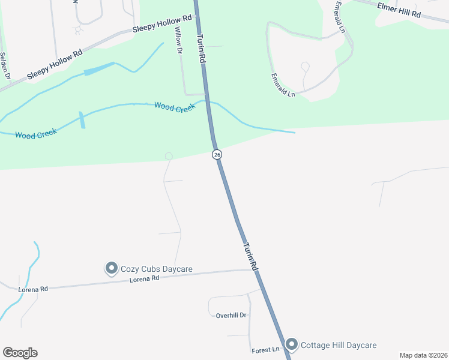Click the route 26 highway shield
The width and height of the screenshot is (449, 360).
pos(217,155)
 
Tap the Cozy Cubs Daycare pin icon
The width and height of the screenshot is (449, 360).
pos(111,268)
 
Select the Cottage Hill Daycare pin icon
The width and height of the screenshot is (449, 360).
pos(292,344)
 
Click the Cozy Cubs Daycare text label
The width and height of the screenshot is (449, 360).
pos(157,269)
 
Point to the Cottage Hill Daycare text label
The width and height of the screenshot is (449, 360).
pos(339,345)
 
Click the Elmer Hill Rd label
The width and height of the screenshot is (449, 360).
pos(399,10)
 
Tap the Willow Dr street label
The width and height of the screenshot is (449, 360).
pos(178,40)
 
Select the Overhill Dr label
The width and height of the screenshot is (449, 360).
pos(232,314)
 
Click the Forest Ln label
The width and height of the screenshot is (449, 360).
pos(266,349)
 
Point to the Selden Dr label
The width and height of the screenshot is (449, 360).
pos(5,65)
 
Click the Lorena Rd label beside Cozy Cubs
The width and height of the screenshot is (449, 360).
pos(146,278)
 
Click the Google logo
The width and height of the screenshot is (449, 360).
pos(20,353)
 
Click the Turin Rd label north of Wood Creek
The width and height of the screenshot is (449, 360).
pos(202,48)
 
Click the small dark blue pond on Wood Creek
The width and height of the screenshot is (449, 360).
pos(82,120)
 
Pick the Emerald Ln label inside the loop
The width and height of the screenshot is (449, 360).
pos(283,85)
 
